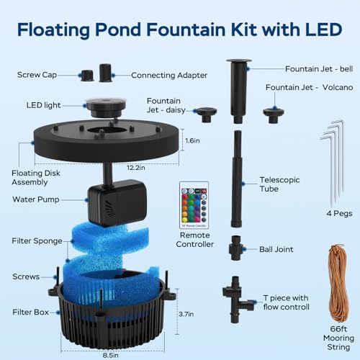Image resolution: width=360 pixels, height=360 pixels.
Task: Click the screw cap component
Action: tap(87, 76)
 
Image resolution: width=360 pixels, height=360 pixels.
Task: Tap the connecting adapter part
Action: tap(105, 73)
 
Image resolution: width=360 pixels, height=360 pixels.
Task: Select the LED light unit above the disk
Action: tap(106, 107)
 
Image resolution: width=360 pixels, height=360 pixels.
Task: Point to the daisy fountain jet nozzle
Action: tap(206, 114)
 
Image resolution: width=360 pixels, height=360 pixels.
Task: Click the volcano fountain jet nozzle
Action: tap(274, 115)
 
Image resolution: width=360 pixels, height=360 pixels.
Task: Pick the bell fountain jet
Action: tap(238, 91)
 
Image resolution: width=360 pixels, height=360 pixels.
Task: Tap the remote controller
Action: tap(194, 205)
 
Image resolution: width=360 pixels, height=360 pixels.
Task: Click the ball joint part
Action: tap(236, 248)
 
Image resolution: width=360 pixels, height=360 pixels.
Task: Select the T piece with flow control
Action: tap(238, 299)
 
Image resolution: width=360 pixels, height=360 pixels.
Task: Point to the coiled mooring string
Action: tap(339, 283)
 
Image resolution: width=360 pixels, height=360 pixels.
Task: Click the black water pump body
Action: tap(117, 203)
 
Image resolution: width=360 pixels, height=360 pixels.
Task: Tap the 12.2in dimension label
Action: tap(136, 168)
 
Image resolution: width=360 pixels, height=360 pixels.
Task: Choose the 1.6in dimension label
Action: tap(192, 140)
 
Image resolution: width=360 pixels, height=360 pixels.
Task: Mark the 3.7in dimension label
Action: tap(186, 314)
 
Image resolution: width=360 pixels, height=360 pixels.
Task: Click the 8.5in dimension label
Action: tap(111, 355)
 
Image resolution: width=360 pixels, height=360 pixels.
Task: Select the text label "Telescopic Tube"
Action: tap(279, 184)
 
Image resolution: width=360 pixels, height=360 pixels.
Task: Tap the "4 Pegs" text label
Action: tap(339, 213)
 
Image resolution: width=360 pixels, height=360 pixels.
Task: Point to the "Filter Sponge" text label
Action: tap(37, 240)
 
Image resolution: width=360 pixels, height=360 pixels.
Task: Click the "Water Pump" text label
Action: tap(36, 199)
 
